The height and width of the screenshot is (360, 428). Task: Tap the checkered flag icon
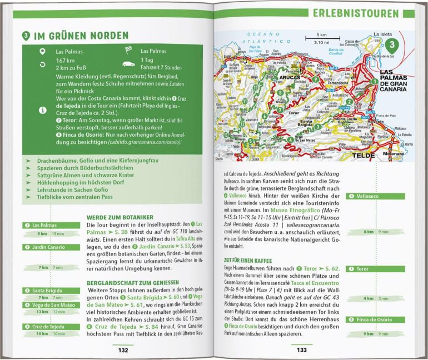[127, 51]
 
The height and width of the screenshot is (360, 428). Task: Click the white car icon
[127, 64]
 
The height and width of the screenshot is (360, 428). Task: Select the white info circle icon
[42, 110]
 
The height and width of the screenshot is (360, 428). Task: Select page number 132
[123, 350]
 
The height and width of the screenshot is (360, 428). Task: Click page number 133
[301, 350]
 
